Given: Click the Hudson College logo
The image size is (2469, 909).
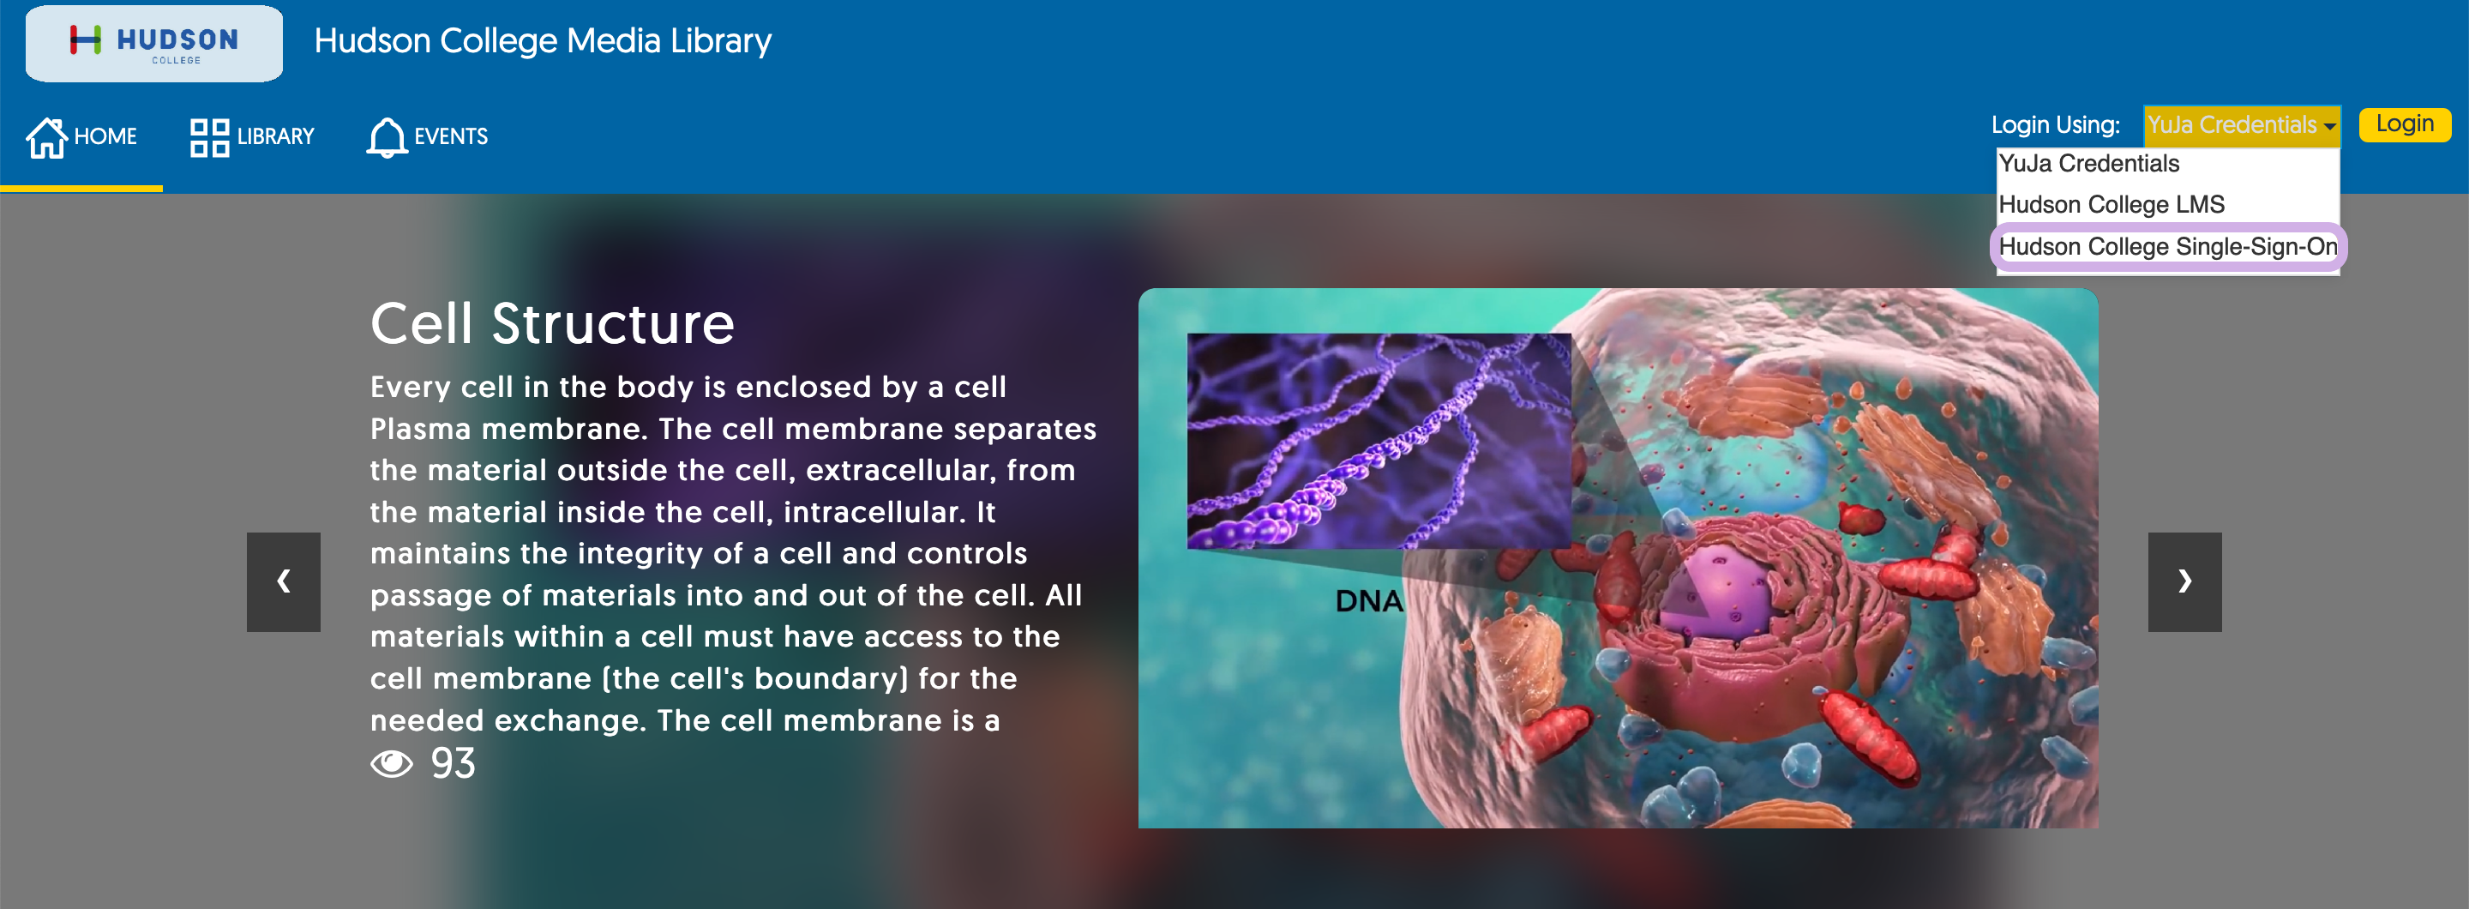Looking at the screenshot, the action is click(x=153, y=43).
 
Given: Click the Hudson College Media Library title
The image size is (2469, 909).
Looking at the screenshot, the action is click(x=543, y=41).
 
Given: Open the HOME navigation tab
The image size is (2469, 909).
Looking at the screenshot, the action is click(x=81, y=137).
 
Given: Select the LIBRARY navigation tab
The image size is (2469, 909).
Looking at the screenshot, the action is click(x=252, y=137).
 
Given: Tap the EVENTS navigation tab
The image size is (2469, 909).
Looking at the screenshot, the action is click(x=428, y=137).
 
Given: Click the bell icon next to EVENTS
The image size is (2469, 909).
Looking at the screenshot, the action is click(x=387, y=137).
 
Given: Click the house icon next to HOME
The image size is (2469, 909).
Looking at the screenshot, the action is click(x=46, y=137).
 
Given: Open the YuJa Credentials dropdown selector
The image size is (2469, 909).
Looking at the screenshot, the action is click(x=2241, y=125).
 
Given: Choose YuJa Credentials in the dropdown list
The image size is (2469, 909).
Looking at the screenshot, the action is click(x=2088, y=164).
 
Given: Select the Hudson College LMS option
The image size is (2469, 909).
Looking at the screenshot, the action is click(x=2112, y=205).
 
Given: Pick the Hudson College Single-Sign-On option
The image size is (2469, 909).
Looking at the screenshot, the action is click(x=2168, y=247).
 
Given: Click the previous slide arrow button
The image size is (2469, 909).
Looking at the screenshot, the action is click(x=284, y=582).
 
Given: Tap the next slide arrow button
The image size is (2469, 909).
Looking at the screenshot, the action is click(x=2184, y=582).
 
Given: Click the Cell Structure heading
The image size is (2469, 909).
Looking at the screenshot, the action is click(x=552, y=324).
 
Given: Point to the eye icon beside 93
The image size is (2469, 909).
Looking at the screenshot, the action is click(x=392, y=764).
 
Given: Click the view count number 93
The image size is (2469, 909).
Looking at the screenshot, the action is click(x=454, y=764).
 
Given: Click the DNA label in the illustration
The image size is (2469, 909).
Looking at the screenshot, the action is click(x=1369, y=602).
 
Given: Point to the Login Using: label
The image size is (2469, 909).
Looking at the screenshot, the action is click(x=2055, y=125).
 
